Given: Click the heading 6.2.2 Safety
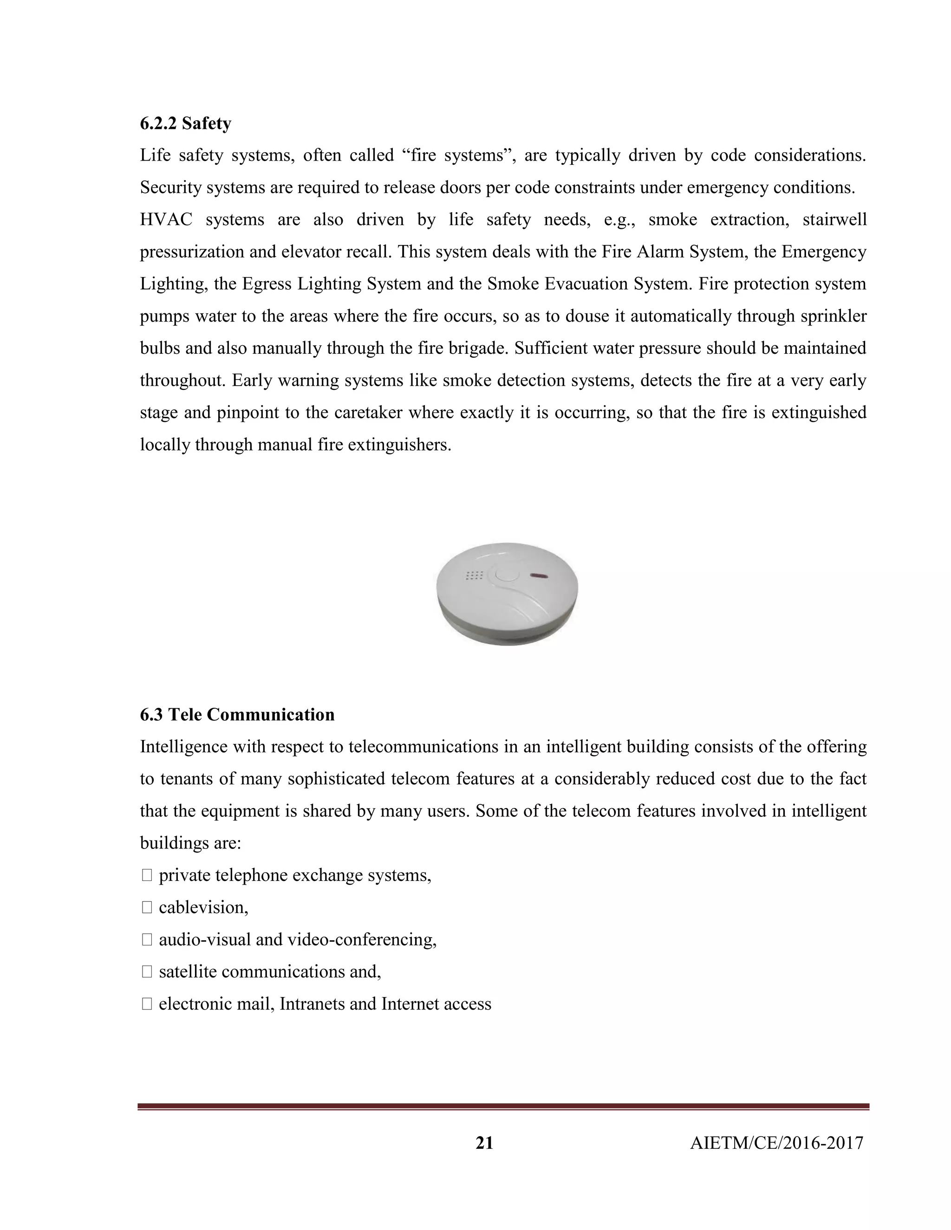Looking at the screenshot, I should [185, 123].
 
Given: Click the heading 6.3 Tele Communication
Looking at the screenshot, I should [237, 715].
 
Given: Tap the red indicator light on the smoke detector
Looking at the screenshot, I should [538, 576].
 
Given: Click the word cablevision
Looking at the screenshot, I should [203, 907].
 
